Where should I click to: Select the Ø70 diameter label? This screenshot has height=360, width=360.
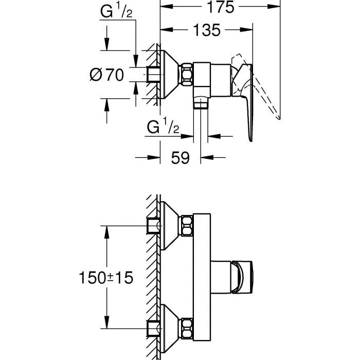pyautogui.click(x=106, y=75)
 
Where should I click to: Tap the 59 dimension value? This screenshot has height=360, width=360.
pyautogui.click(x=180, y=158)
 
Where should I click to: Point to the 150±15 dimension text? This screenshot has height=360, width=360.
pyautogui.click(x=106, y=278)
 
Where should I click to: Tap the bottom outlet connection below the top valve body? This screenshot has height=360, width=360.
pyautogui.click(x=200, y=104)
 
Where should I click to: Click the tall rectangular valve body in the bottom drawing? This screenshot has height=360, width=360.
pyautogui.click(x=201, y=276)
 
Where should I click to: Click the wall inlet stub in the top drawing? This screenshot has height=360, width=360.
pyautogui.click(x=153, y=75)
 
